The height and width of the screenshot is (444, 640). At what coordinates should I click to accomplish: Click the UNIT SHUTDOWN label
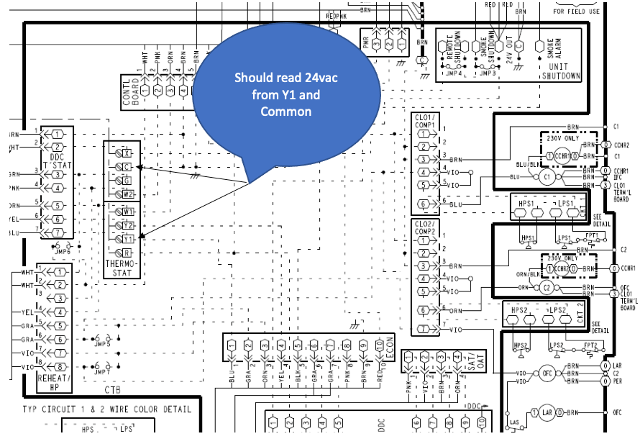pos(560,72)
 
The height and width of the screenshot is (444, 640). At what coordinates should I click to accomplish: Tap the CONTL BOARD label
pos(129,91)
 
